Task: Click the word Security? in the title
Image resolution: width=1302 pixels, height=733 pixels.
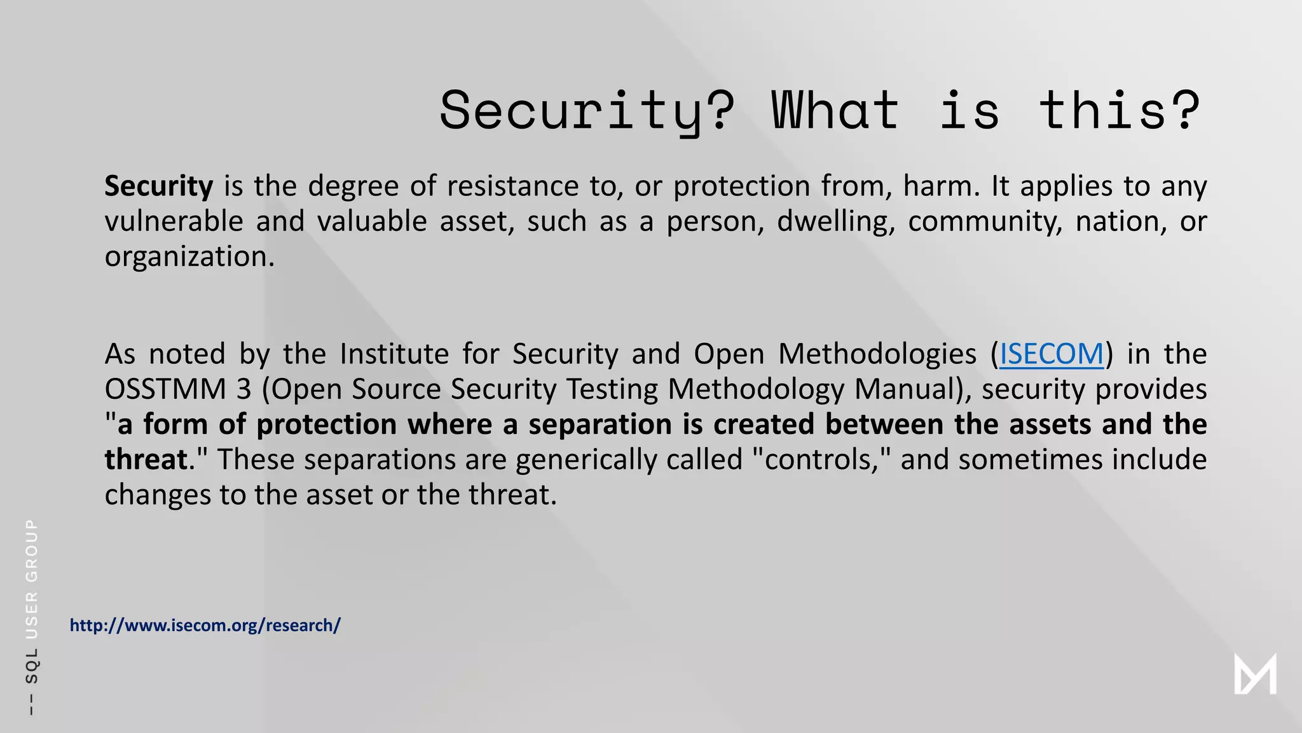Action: [586, 111]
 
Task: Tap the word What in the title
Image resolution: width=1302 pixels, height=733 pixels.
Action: [835, 111]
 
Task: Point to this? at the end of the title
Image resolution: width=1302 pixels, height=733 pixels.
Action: [1120, 111]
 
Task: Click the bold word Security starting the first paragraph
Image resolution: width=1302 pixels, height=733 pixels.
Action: [159, 186]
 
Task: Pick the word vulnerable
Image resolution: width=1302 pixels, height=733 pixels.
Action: [174, 221]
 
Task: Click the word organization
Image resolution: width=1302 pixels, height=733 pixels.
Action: [189, 256]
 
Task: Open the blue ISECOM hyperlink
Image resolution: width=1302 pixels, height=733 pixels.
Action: [1052, 354]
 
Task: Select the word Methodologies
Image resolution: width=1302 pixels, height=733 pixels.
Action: [877, 354]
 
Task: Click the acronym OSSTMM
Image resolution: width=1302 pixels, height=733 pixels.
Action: [165, 389]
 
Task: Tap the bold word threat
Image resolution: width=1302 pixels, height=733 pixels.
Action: [146, 459]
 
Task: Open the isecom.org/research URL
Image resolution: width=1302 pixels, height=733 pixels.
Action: [205, 625]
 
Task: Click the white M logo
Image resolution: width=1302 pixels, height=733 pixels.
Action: [1255, 674]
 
